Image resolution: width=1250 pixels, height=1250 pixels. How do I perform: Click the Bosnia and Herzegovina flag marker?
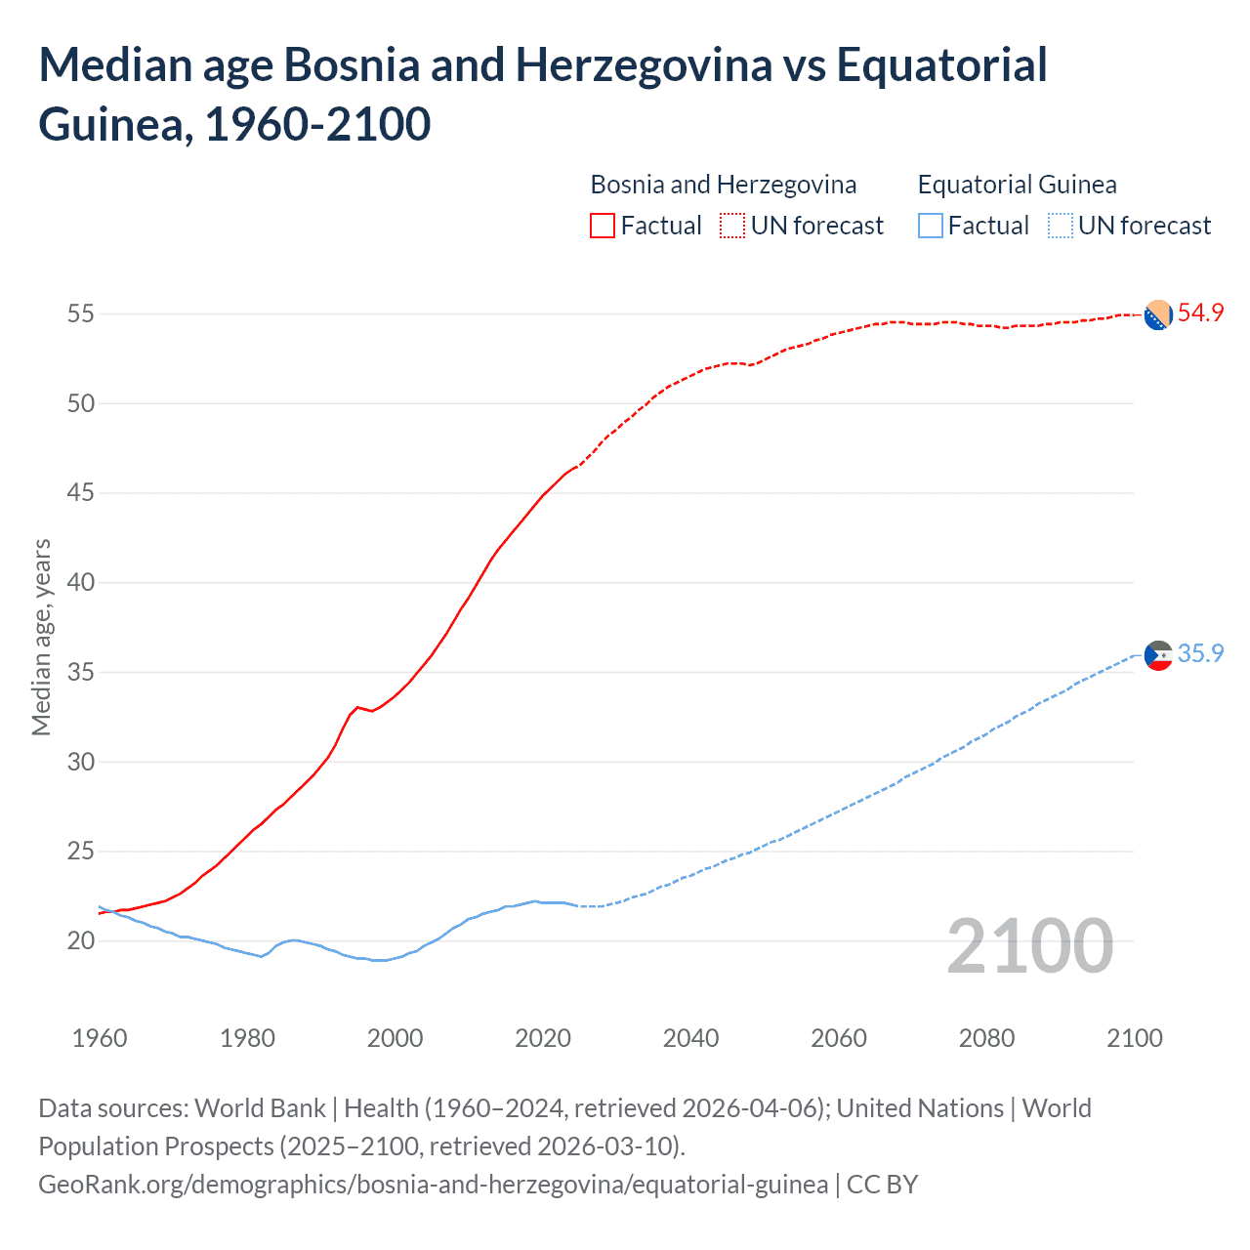(1157, 315)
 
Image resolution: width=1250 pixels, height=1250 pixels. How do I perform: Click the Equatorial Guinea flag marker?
(1157, 655)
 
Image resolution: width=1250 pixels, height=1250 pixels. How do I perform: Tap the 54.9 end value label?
(1200, 313)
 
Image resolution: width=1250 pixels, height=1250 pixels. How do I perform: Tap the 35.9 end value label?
(1200, 653)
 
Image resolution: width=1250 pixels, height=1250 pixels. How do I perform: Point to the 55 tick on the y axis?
(80, 314)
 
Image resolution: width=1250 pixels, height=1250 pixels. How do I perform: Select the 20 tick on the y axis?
(80, 941)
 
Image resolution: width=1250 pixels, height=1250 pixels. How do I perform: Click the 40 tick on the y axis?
(80, 583)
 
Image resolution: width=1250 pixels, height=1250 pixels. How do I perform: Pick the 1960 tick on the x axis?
(100, 1038)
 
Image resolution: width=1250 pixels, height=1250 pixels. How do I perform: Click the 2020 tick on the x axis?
(543, 1038)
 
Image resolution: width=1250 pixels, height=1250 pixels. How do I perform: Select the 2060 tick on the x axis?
(839, 1038)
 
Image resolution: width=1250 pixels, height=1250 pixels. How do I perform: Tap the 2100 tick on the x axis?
(1135, 1038)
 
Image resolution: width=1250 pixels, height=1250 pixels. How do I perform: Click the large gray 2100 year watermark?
(1029, 946)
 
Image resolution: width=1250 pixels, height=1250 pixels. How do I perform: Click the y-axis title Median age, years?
(41, 637)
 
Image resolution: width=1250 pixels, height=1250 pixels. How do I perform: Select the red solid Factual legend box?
(603, 226)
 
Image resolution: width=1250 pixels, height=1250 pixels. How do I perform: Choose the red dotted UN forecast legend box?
(732, 226)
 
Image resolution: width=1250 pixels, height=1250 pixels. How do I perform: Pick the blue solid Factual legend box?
(931, 226)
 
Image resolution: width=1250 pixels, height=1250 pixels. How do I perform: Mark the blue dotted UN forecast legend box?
(1060, 226)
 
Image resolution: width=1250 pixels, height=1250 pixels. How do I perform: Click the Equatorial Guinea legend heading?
(1017, 185)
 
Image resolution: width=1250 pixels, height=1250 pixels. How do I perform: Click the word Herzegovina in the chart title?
(644, 65)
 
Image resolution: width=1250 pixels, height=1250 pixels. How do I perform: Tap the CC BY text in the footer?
(882, 1185)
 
